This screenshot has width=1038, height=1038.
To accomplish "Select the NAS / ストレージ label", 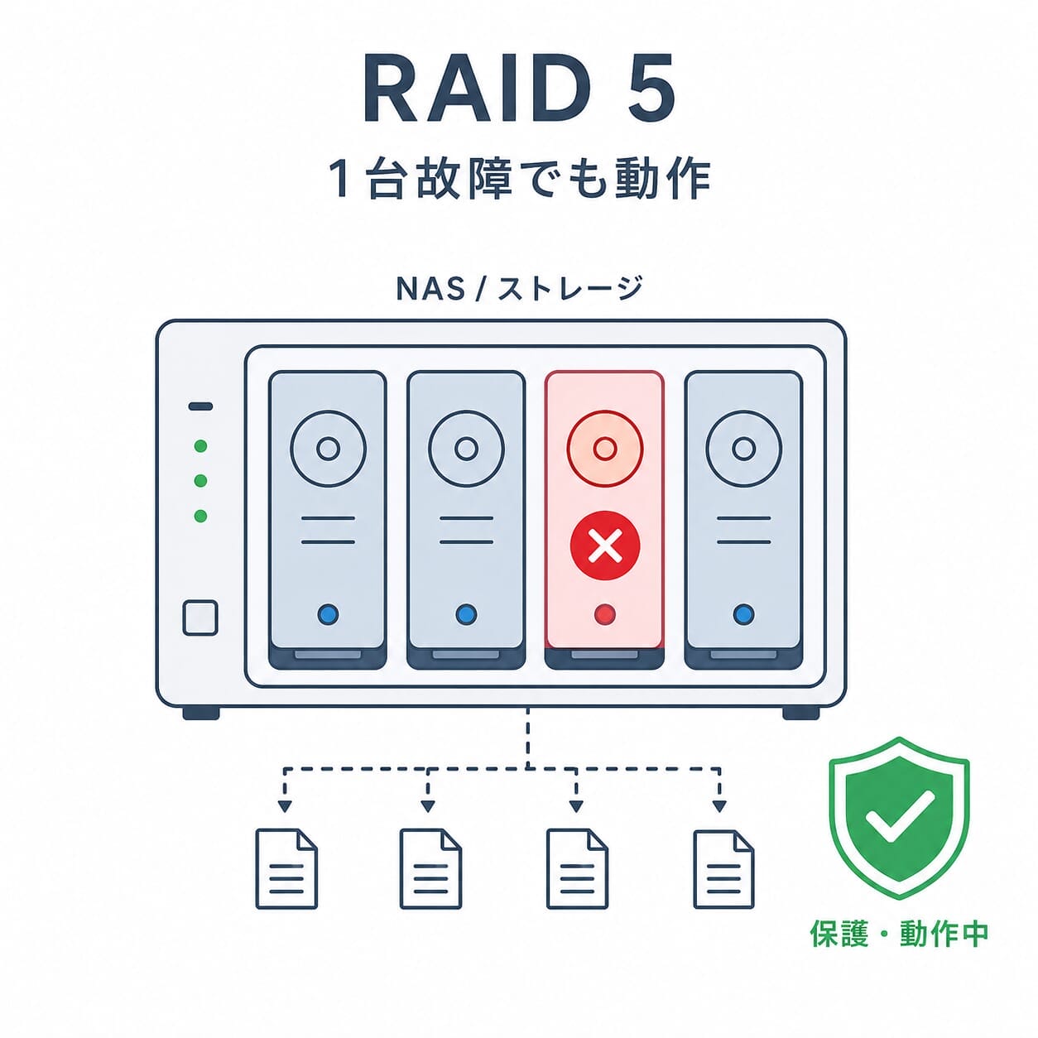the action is [x=519, y=288].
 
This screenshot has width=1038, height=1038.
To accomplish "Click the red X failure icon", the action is [x=605, y=545].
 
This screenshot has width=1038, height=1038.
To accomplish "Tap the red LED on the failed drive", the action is [x=605, y=613].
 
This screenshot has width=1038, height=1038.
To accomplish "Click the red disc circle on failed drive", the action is [x=604, y=448].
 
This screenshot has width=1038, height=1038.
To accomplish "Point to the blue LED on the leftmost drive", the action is [x=328, y=613].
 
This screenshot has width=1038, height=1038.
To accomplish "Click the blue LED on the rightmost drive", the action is [x=743, y=613].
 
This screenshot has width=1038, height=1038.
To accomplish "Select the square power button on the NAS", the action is [x=200, y=618].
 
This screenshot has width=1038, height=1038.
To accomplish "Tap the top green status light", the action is [x=200, y=446].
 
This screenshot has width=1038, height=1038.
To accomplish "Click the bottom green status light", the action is [x=200, y=516].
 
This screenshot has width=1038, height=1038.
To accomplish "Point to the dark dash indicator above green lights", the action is [x=200, y=406].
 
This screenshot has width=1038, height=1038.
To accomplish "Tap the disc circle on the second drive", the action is [x=467, y=448].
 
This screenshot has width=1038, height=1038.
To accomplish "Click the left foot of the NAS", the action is [x=201, y=714].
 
